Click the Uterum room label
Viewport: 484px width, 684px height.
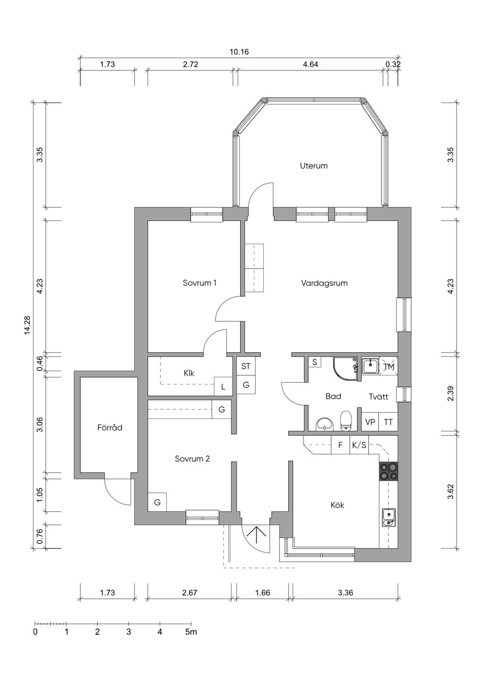coord(313,166)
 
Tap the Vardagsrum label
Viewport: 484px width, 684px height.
coord(324,283)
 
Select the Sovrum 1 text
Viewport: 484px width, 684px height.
coord(199,283)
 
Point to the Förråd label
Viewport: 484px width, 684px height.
coord(110,427)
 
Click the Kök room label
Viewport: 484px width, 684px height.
coord(337,505)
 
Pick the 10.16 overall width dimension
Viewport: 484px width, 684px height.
coord(239,52)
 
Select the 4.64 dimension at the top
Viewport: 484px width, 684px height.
coord(310,65)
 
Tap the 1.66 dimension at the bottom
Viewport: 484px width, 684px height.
coord(262,593)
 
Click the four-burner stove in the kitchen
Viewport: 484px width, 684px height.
coord(389,471)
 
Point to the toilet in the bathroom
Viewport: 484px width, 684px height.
coord(346,420)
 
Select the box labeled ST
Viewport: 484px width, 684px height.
coord(246,366)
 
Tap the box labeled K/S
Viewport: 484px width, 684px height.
coord(359,445)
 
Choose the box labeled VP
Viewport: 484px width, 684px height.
coord(370,422)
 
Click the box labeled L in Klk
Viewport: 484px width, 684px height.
coord(223,387)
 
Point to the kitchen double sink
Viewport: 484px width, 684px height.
coord(389,518)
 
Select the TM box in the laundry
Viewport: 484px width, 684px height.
coord(389,367)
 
